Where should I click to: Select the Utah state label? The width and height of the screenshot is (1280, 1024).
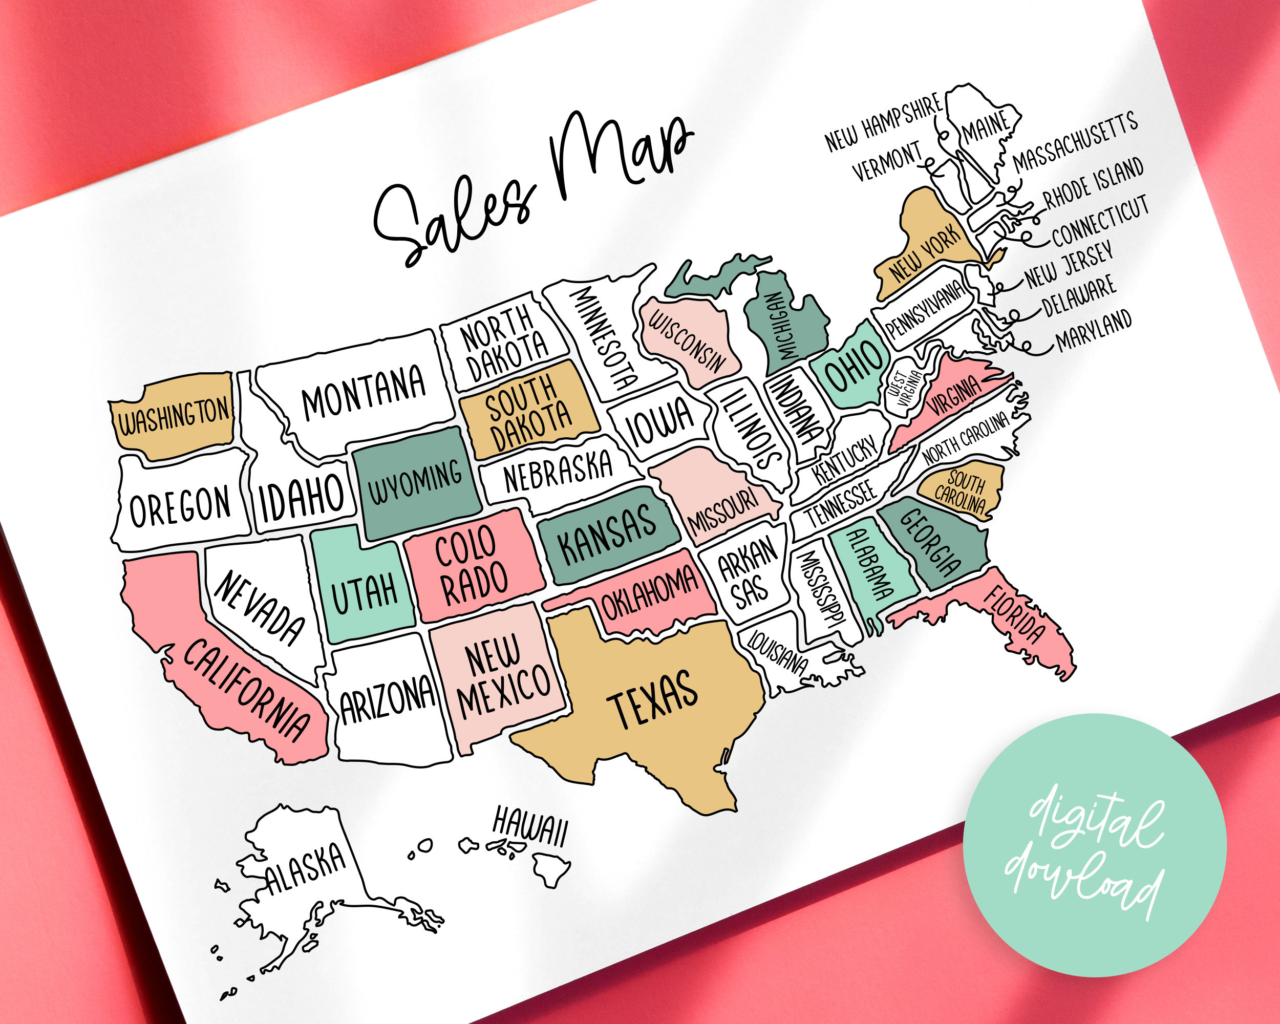pos(364,593)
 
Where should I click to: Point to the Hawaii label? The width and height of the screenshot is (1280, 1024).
pos(529,827)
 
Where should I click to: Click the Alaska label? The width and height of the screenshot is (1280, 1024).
pos(305,869)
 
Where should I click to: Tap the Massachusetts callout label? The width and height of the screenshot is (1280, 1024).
pos(1075,142)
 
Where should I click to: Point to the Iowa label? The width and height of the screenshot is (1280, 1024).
pos(660,422)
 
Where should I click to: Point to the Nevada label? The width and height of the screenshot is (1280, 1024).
pos(260,608)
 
